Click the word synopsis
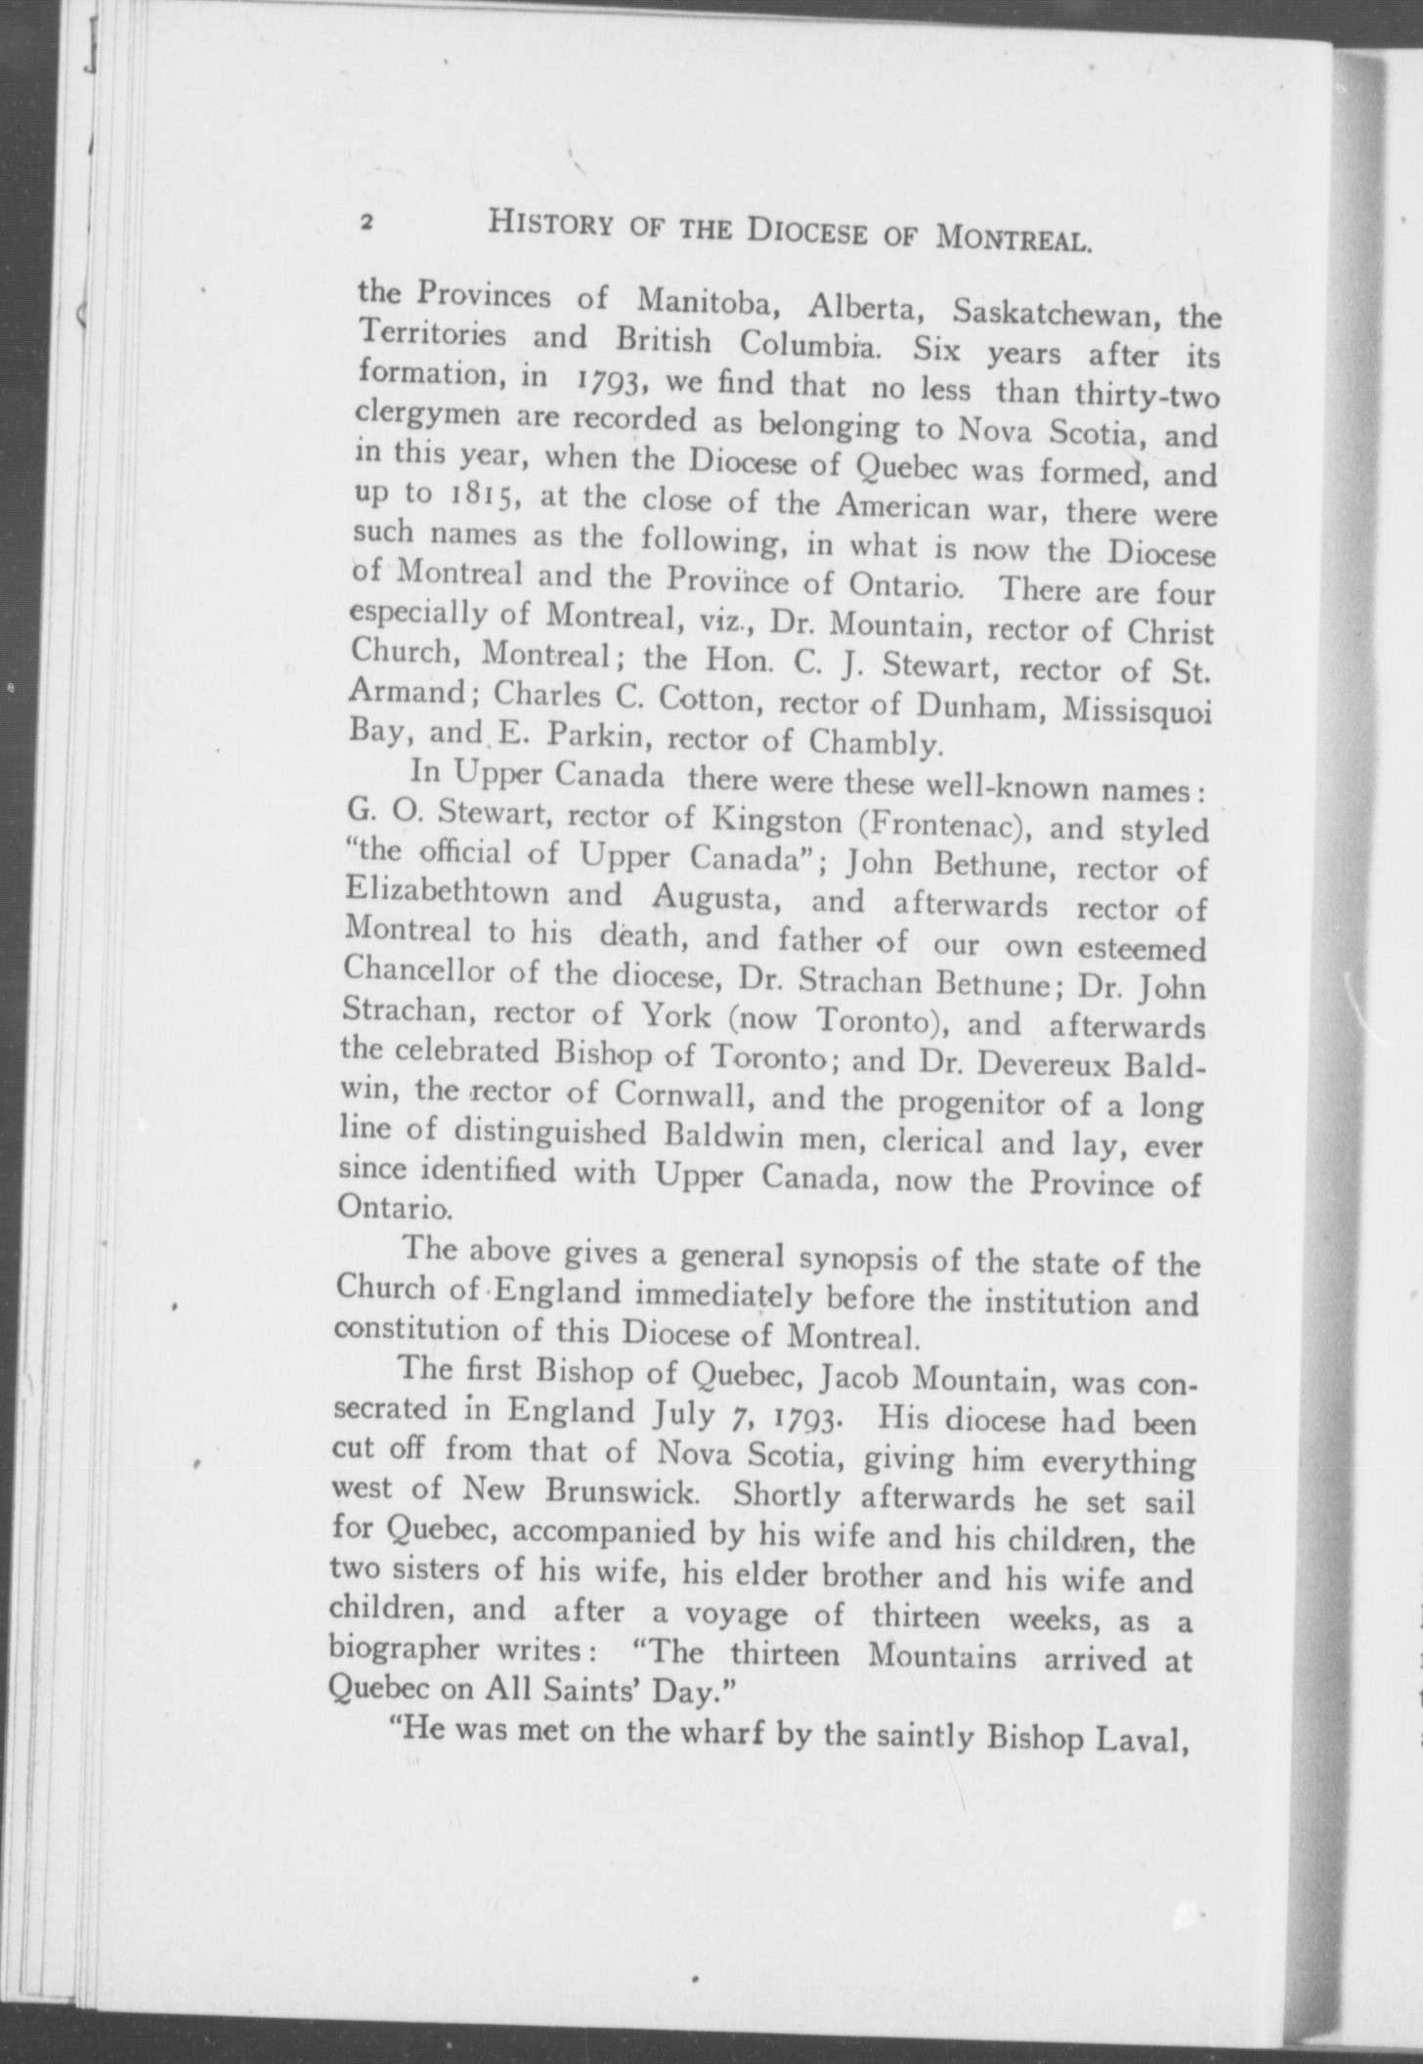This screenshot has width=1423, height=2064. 859,1260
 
